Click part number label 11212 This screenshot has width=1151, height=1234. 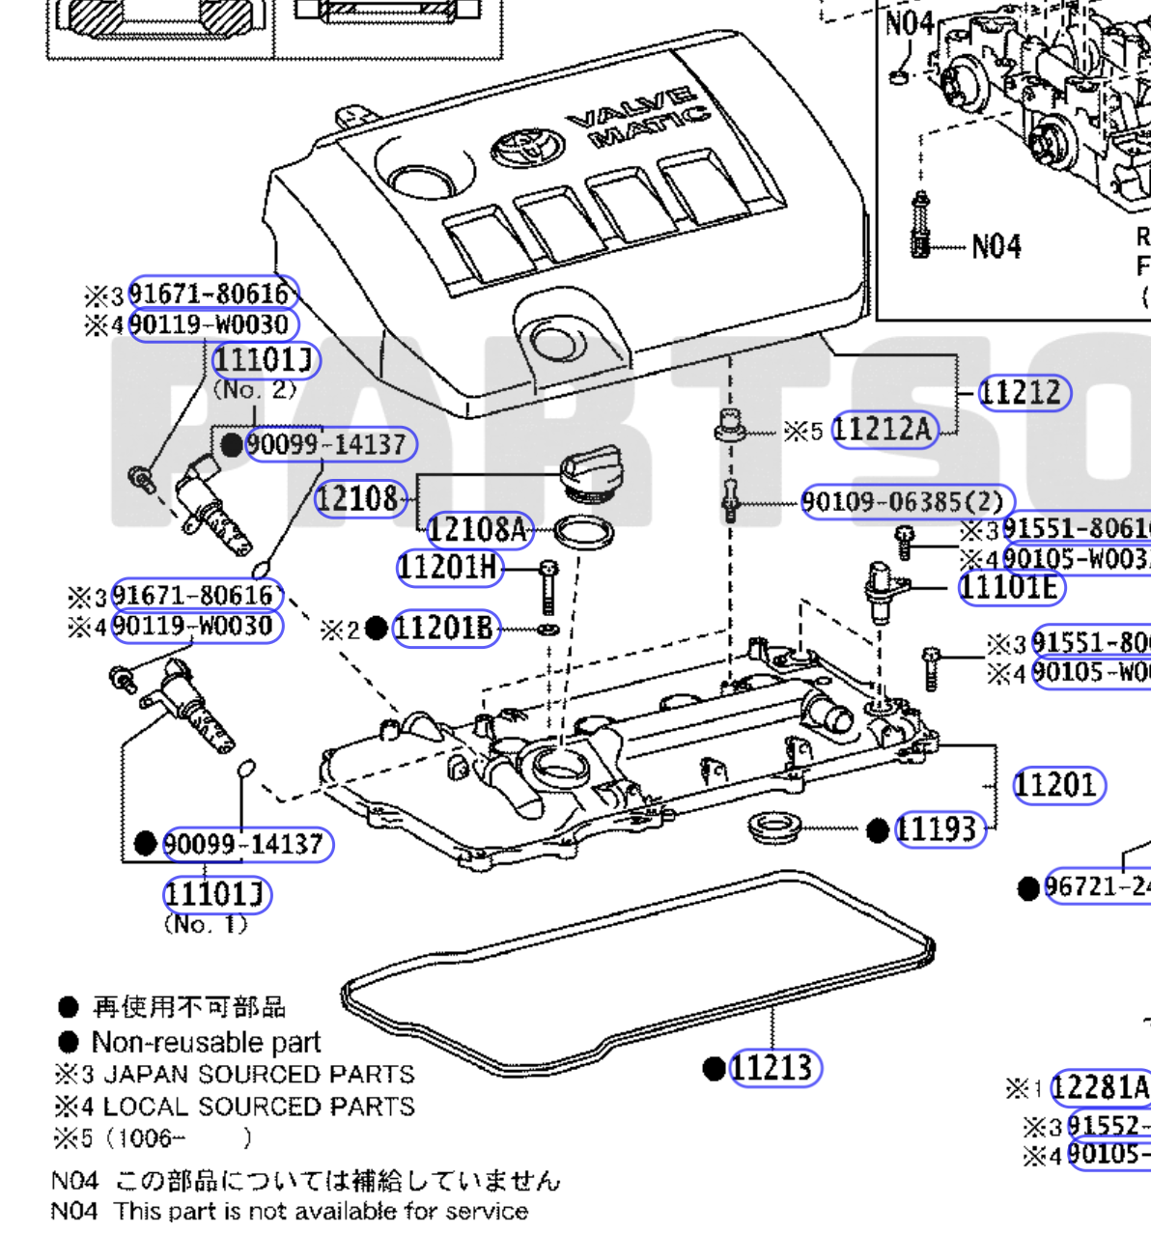(x=1024, y=393)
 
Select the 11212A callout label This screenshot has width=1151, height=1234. (x=884, y=430)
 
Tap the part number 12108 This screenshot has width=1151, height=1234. (x=358, y=498)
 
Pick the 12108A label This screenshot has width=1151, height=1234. (x=479, y=529)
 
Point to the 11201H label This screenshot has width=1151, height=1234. (x=450, y=567)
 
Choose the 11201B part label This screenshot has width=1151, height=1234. (x=445, y=630)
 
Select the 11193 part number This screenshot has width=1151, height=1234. (x=939, y=829)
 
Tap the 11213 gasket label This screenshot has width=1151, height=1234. (x=773, y=1068)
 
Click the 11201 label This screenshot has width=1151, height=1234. (x=1057, y=785)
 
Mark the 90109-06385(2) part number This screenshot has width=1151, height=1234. (x=906, y=502)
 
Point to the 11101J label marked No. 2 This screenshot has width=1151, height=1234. (x=265, y=361)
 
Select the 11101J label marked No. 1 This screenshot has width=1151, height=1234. (x=216, y=894)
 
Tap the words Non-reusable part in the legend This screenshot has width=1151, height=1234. (x=206, y=1043)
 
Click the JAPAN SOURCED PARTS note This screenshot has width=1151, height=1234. (x=258, y=1075)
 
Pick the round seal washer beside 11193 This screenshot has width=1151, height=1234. (x=773, y=827)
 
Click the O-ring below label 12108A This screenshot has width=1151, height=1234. (x=583, y=532)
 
